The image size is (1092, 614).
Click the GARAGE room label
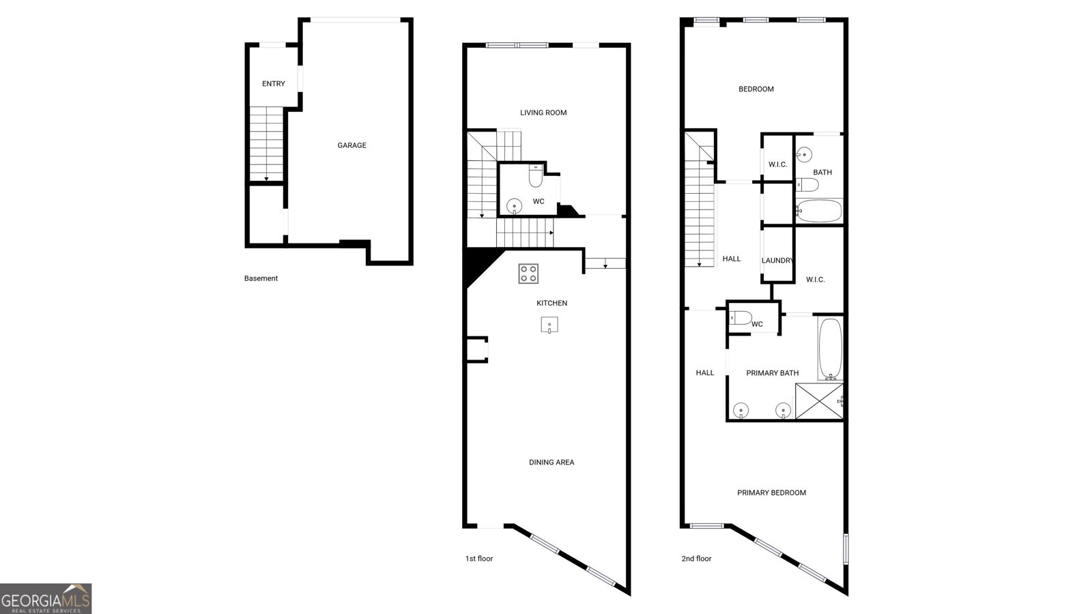pyautogui.click(x=351, y=145)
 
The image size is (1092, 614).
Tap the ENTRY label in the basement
pyautogui.click(x=274, y=84)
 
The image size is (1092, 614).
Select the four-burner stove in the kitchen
pyautogui.click(x=528, y=274)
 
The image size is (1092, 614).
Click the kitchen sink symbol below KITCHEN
pyautogui.click(x=549, y=325)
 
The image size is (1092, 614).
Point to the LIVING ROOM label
pyautogui.click(x=543, y=113)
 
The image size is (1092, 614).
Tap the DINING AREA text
pyautogui.click(x=551, y=462)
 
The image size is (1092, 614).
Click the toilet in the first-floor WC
pyautogui.click(x=536, y=176)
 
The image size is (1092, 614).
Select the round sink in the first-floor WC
pyautogui.click(x=515, y=206)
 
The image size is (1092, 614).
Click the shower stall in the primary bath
pyautogui.click(x=819, y=401)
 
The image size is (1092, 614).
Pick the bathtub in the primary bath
pyautogui.click(x=830, y=349)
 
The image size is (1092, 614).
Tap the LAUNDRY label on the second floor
pyautogui.click(x=777, y=261)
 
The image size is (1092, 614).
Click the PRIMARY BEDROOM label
pyautogui.click(x=771, y=493)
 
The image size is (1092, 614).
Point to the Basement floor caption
pyautogui.click(x=261, y=278)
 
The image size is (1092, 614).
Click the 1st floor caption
pyautogui.click(x=478, y=559)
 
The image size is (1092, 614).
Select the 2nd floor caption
pyautogui.click(x=696, y=559)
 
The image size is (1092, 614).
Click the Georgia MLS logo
pyautogui.click(x=46, y=598)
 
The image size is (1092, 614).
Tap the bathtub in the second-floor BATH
pyautogui.click(x=819, y=211)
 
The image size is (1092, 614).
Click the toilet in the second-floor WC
pyautogui.click(x=740, y=318)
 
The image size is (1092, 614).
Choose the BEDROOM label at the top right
pyautogui.click(x=756, y=89)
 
